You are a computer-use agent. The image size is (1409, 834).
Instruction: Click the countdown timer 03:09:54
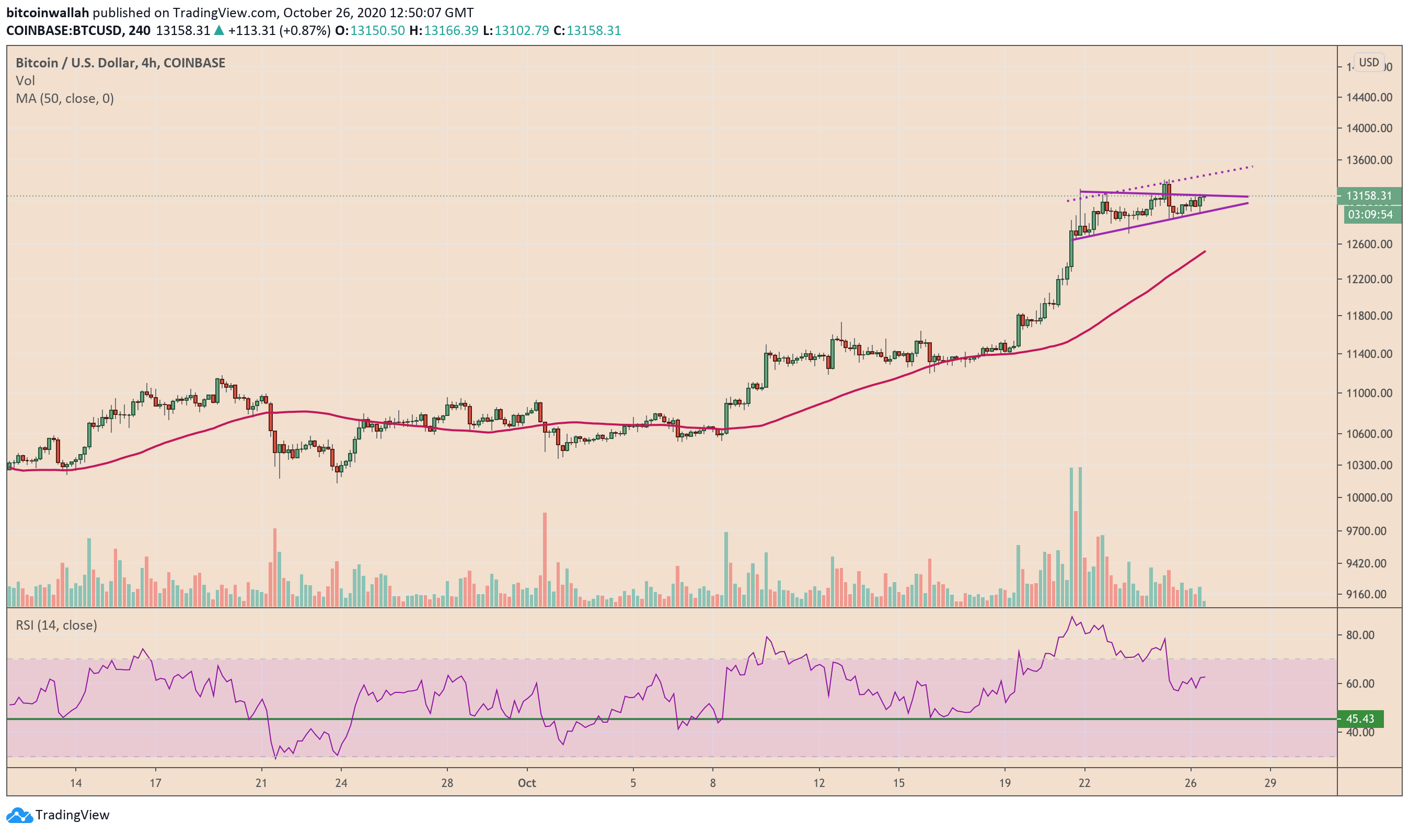[1370, 214]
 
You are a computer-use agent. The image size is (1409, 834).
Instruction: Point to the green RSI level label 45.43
[1359, 719]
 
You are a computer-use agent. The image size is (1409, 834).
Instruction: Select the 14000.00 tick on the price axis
[1369, 128]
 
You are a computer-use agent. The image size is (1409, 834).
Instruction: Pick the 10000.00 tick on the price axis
[1369, 497]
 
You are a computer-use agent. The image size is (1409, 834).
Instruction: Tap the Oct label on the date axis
[527, 783]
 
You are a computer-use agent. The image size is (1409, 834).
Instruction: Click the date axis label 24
[341, 783]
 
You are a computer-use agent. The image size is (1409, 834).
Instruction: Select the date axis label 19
[1004, 783]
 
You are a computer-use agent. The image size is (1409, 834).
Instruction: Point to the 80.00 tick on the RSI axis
[1359, 635]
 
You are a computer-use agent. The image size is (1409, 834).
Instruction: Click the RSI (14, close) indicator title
[56, 626]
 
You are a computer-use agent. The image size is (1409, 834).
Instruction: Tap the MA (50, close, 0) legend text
[65, 99]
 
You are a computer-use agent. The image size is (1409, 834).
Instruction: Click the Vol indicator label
[25, 81]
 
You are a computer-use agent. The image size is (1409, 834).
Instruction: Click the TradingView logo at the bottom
[59, 815]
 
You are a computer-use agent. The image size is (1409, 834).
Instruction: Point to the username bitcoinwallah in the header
[48, 13]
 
